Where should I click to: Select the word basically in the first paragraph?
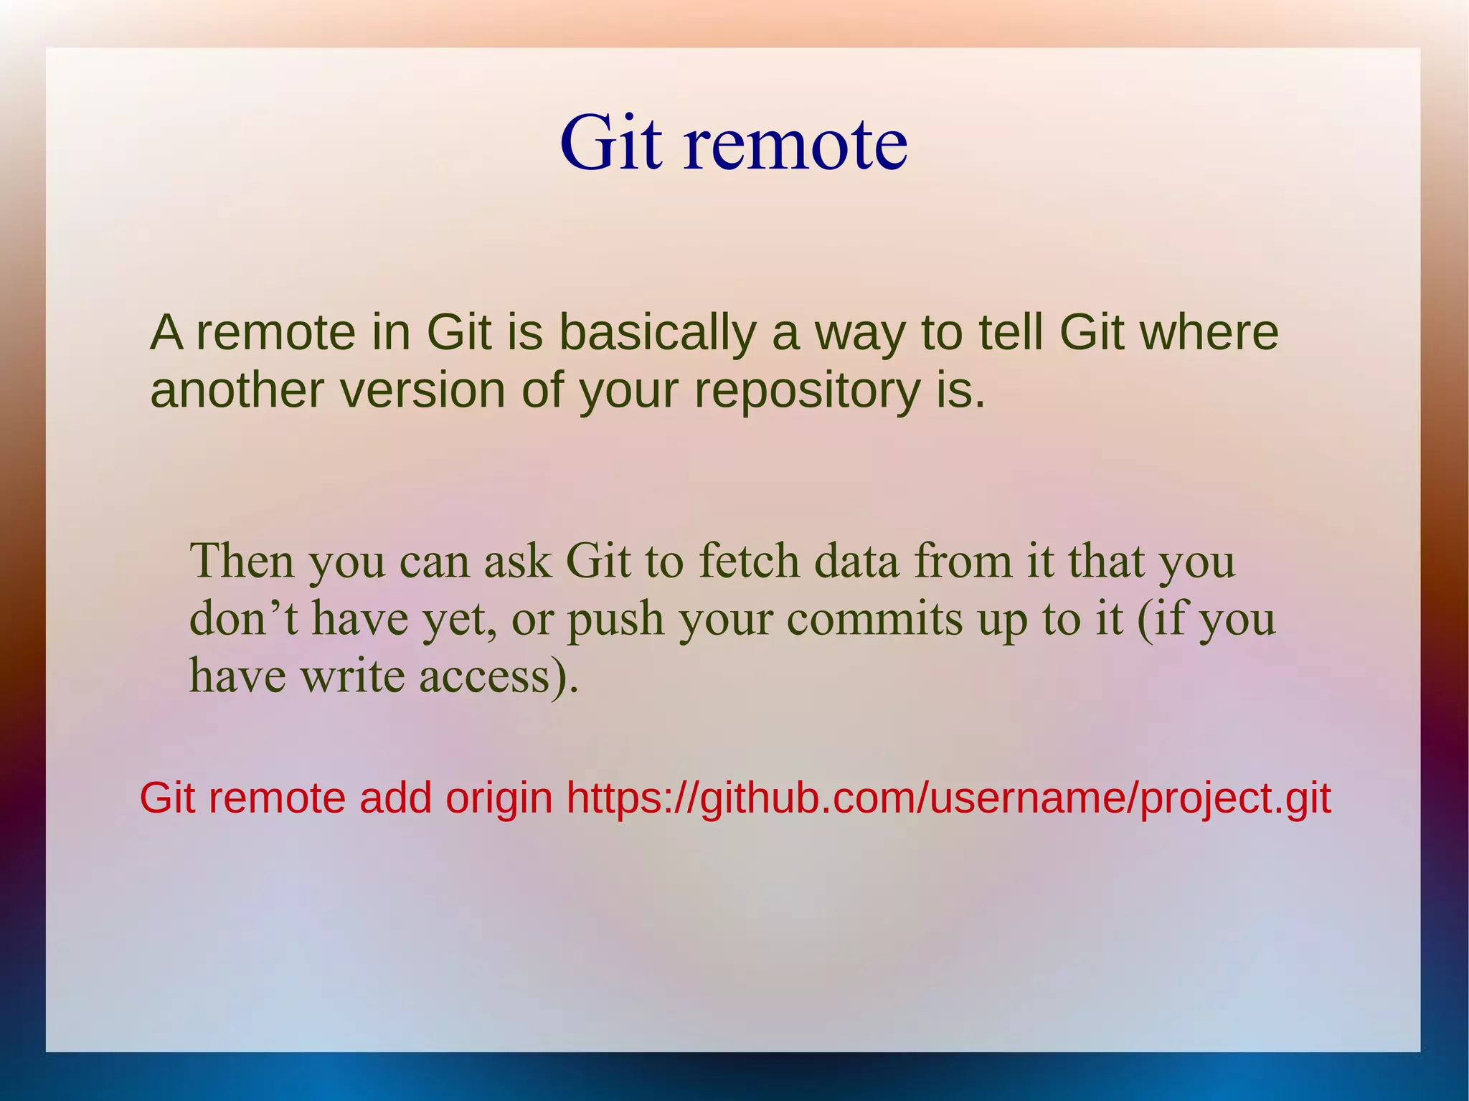[657, 333]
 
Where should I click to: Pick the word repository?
[807, 392]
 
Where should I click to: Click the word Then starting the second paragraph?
[242, 560]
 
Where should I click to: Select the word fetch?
[748, 560]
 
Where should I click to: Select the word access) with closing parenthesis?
[498, 676]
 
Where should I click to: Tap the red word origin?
[499, 799]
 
